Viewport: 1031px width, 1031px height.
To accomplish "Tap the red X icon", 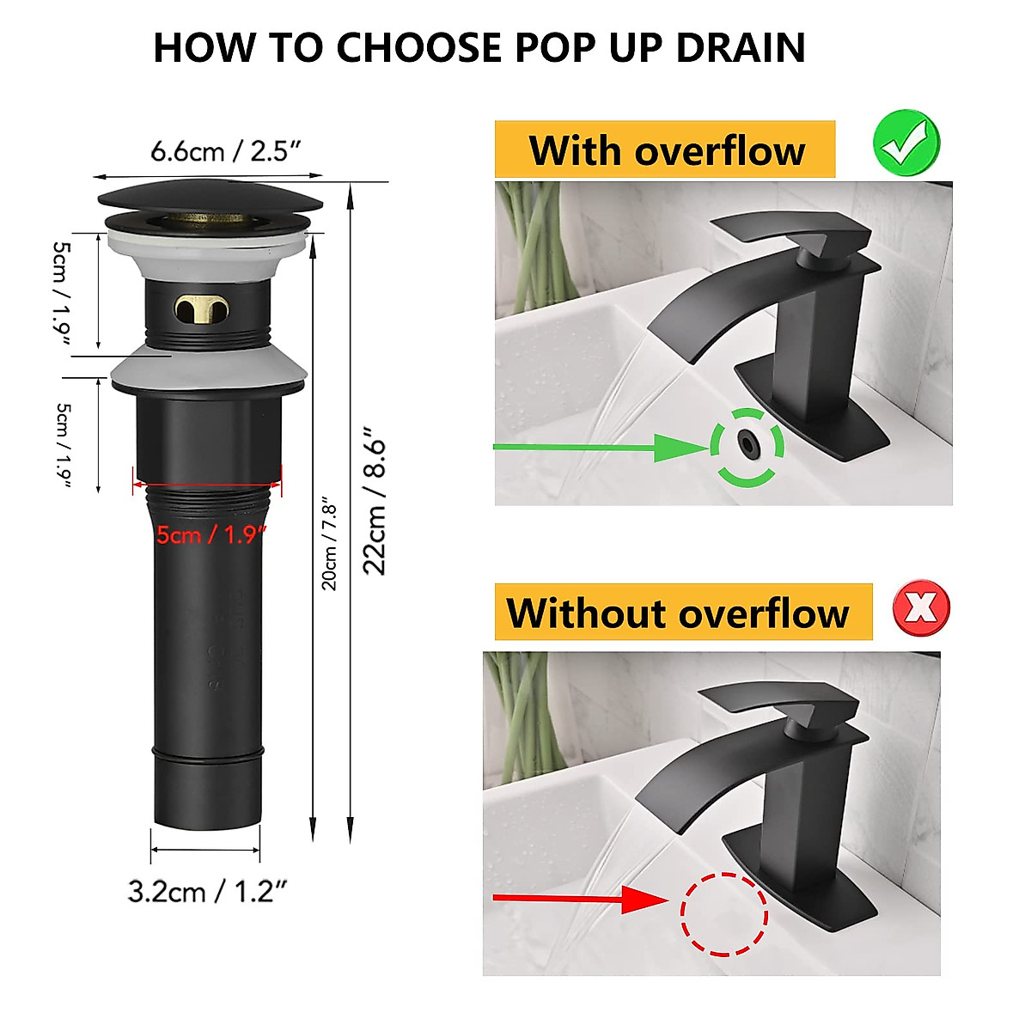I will coord(921,608).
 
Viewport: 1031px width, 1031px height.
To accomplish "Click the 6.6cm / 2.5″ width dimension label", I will coord(226,152).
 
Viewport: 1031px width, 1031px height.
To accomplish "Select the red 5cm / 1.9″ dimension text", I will coord(211,535).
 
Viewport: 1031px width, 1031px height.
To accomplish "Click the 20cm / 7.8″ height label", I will coord(330,543).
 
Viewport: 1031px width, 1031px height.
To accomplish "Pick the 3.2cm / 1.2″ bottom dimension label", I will coord(207,892).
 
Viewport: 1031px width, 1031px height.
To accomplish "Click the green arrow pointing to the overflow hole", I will coord(601,447).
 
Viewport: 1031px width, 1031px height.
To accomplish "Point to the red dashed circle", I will coord(723,914).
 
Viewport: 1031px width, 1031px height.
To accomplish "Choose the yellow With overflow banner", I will coord(664,150).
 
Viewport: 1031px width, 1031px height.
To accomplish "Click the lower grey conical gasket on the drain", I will coord(210,369).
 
